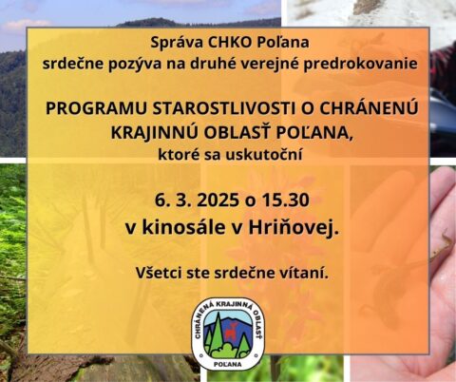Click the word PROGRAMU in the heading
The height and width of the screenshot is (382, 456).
[x=96, y=108]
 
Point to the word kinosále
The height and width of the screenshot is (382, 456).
[x=183, y=227]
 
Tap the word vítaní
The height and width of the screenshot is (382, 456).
[x=308, y=273]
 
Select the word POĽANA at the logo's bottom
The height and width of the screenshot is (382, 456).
[x=228, y=364]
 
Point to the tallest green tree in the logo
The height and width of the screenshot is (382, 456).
[x=218, y=330]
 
